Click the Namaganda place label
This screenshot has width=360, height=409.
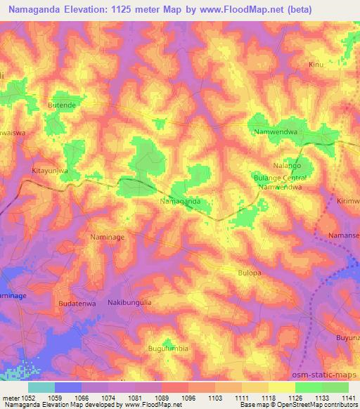(181, 201)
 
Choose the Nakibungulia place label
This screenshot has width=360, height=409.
(129, 302)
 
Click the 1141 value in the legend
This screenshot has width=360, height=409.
(348, 397)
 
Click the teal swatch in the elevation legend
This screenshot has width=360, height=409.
(41, 387)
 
